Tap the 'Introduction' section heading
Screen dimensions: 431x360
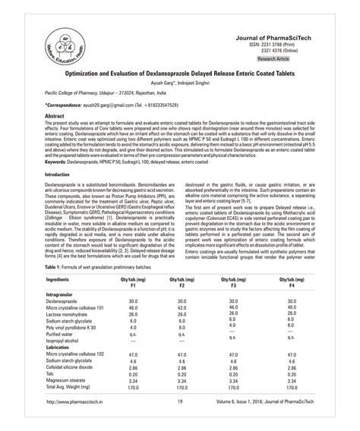[62, 196]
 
